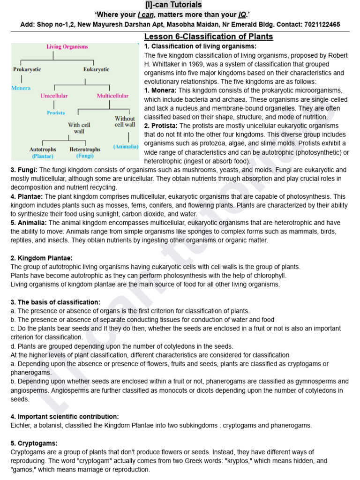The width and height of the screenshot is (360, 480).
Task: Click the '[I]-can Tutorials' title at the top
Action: coord(180,5)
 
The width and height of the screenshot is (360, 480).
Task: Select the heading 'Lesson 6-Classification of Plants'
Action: coord(209,37)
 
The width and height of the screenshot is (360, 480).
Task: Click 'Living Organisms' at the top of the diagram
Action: coord(67,47)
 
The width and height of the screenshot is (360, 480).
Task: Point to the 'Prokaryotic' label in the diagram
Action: coord(27,69)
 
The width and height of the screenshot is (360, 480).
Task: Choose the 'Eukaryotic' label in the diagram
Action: coord(96,69)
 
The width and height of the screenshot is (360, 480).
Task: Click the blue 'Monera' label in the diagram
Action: coord(21,88)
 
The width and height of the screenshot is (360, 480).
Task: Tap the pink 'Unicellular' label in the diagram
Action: coord(54,96)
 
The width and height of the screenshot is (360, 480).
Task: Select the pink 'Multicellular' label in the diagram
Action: coord(112,96)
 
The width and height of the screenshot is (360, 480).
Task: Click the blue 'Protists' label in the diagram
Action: coord(56,113)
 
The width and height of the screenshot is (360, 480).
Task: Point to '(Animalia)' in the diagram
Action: coord(126,147)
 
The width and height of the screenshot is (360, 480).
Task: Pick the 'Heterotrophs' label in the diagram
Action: coord(85,150)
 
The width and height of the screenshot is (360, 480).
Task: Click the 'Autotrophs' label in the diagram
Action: coord(43,150)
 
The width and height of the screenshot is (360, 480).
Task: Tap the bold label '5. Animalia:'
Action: coord(29,223)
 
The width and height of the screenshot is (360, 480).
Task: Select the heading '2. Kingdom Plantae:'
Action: coord(41,258)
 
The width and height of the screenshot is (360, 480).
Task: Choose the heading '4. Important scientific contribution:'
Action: coord(65,417)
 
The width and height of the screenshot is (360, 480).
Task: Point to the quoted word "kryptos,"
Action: coord(240,461)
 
